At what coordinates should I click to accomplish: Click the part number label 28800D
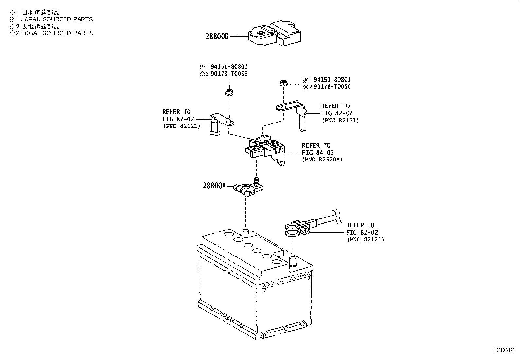[x=218, y=36]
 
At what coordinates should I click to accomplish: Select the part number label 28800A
[x=214, y=186]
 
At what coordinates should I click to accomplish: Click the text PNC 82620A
[x=322, y=160]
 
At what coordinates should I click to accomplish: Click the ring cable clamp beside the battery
[x=295, y=228]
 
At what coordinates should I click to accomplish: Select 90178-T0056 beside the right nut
[x=332, y=87]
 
